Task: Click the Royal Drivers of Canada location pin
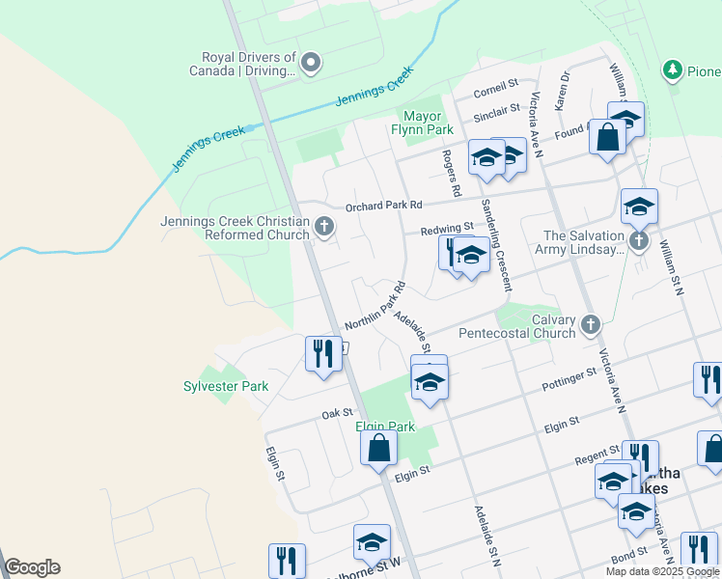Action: click(311, 64)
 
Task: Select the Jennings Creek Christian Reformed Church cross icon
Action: click(324, 228)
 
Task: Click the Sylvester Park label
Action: click(226, 386)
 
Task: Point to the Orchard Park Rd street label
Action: click(384, 206)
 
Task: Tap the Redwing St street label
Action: click(447, 229)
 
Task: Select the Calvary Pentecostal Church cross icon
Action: click(592, 326)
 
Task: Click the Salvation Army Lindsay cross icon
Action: click(638, 241)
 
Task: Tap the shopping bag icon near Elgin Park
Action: click(378, 448)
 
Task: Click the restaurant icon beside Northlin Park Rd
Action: click(323, 352)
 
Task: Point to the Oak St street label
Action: click(336, 414)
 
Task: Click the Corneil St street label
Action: click(497, 94)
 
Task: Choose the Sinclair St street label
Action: click(497, 117)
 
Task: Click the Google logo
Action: click(32, 567)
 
